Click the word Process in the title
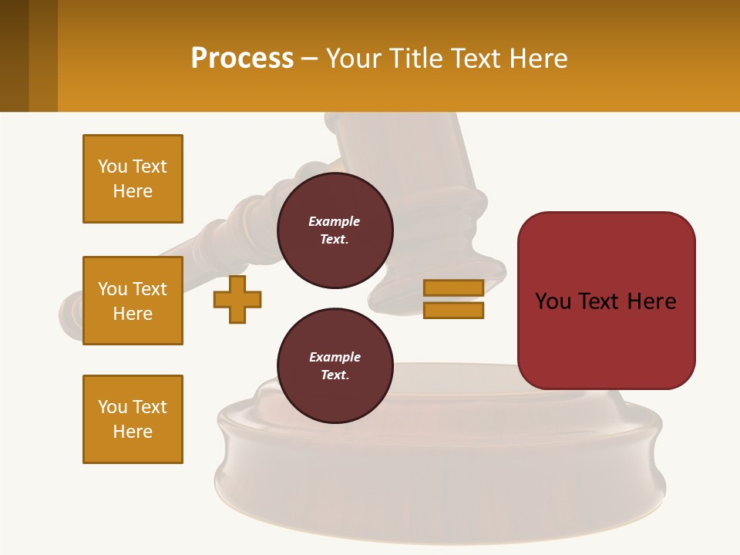pos(242,58)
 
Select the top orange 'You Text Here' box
pos(133,179)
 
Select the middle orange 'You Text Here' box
pos(133,301)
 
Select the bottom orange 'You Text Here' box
pos(133,419)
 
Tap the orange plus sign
pos(237,299)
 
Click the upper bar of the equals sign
pos(454,288)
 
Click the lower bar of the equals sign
pos(454,310)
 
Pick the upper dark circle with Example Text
pos(335,230)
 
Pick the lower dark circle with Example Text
pos(335,365)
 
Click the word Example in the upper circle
pos(335,221)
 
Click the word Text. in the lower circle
pos(335,375)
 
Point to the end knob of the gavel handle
pos(69,316)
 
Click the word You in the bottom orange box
pos(113,407)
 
